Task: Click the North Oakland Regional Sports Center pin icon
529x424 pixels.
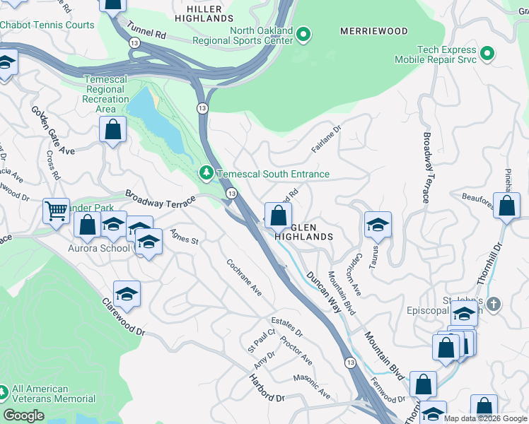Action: pos(303,33)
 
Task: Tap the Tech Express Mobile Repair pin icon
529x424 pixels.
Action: pos(487,53)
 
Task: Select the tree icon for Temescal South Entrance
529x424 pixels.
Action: pos(206,173)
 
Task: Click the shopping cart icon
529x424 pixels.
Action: pos(56,210)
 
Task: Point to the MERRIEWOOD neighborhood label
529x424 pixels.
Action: pos(373,32)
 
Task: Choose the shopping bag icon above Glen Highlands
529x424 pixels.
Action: pos(279,215)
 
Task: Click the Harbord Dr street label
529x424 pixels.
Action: pos(266,388)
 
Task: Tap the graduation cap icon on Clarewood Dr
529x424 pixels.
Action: pos(127,293)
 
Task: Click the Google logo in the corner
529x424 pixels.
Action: pos(24,416)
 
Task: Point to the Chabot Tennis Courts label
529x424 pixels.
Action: pos(47,25)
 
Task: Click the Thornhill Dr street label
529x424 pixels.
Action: pos(489,265)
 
